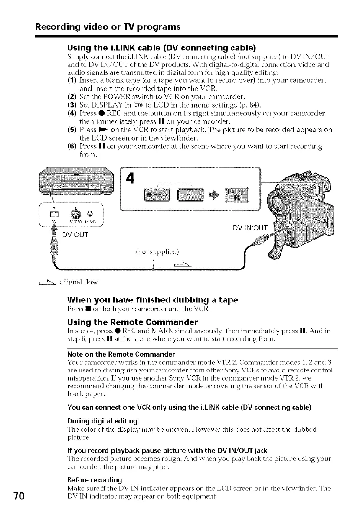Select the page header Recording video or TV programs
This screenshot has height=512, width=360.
(x=108, y=27)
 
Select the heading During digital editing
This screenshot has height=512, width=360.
(x=96, y=420)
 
